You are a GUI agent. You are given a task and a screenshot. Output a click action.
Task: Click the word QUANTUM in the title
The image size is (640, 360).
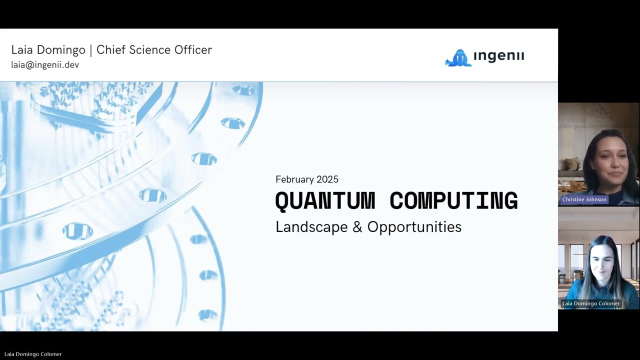(x=325, y=201)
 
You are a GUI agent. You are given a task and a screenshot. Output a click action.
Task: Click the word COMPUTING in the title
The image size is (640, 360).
(x=453, y=201)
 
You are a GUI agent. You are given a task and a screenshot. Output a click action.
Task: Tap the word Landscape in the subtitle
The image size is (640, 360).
(x=311, y=227)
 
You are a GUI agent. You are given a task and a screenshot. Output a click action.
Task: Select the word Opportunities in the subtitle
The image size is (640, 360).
(x=414, y=227)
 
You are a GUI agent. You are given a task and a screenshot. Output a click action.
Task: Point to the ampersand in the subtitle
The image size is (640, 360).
(x=357, y=227)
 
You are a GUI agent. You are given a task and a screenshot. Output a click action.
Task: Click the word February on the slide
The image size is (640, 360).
(x=293, y=179)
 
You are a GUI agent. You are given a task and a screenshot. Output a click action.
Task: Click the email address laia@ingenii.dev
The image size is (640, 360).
(x=45, y=65)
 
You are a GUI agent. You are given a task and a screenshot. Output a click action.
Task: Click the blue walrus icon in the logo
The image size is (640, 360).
(x=458, y=58)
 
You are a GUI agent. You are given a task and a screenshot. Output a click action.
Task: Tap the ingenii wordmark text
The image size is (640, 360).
(x=498, y=56)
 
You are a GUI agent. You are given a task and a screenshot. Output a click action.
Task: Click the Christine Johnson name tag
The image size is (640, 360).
(x=584, y=199)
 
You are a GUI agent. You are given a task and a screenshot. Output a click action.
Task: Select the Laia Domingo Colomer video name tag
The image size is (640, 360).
(x=590, y=303)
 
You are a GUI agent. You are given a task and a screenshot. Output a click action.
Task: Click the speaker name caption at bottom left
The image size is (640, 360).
(x=33, y=354)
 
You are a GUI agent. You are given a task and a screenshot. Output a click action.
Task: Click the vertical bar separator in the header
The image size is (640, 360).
(x=90, y=50)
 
